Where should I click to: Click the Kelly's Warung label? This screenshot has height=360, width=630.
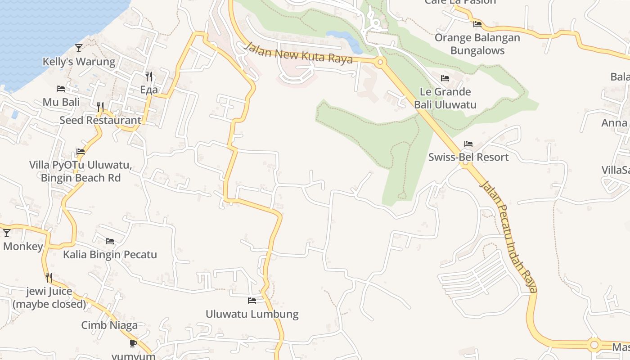pyautogui.click(x=79, y=62)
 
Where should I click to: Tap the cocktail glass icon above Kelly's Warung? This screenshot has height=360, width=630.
pyautogui.click(x=79, y=48)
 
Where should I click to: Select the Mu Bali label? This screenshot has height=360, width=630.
pyautogui.click(x=61, y=102)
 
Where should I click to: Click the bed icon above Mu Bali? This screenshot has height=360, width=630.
pyautogui.click(x=61, y=88)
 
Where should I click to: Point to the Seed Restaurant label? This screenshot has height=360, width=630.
pyautogui.click(x=100, y=121)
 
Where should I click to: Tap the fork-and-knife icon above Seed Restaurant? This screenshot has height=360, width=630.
pyautogui.click(x=100, y=107)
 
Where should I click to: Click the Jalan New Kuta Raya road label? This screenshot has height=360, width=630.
pyautogui.click(x=298, y=53)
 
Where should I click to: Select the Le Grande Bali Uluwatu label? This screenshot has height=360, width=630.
pyautogui.click(x=445, y=99)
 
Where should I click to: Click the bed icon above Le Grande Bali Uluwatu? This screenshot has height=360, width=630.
pyautogui.click(x=445, y=78)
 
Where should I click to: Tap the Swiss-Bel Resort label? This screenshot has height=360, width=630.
pyautogui.click(x=468, y=157)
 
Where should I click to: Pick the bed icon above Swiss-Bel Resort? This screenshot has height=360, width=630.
pyautogui.click(x=468, y=144)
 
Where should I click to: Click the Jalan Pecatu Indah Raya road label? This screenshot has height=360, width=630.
pyautogui.click(x=509, y=236)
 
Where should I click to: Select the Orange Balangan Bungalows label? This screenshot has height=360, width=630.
pyautogui.click(x=477, y=44)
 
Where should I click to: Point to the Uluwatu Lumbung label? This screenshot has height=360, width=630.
pyautogui.click(x=252, y=314)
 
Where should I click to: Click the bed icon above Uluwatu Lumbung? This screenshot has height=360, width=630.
pyautogui.click(x=252, y=300)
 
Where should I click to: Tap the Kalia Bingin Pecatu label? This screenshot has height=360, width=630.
pyautogui.click(x=110, y=255)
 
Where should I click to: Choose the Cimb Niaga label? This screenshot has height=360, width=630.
pyautogui.click(x=109, y=325)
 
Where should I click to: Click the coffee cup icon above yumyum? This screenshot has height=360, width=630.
pyautogui.click(x=133, y=343)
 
